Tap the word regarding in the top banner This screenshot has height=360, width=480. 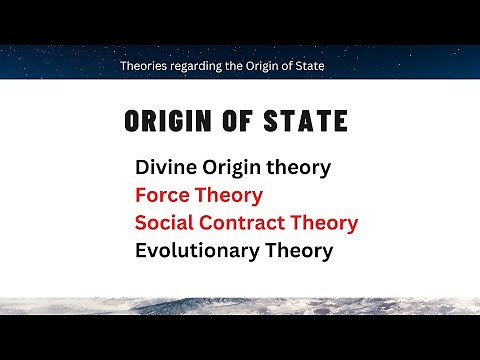pos(199,66)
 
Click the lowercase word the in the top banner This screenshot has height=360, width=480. pos(240,66)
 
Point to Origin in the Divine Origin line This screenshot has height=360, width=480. pos(236,168)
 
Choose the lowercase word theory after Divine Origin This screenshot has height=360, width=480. pos(303,168)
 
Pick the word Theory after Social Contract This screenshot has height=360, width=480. pos(325,223)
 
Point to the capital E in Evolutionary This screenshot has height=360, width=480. pos(141,249)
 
